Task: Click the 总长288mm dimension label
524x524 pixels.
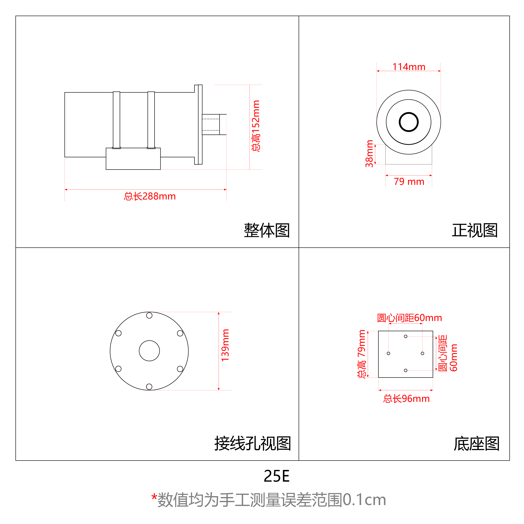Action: coord(150,196)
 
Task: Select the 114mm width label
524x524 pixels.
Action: coord(409,67)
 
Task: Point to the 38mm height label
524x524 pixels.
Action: coord(369,154)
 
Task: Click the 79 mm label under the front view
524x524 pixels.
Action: coord(409,181)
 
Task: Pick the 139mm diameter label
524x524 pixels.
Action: coord(225,345)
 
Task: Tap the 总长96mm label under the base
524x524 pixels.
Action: coord(406,399)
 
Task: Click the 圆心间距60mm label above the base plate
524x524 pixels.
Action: coord(410,318)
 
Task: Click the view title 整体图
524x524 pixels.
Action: coord(267,230)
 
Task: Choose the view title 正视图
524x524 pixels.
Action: coord(475,230)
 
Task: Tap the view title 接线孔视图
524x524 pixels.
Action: coord(253,443)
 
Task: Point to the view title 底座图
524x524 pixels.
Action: coord(477,443)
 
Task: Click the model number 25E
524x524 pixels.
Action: coord(277,476)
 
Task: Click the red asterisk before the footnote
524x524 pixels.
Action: coord(154,497)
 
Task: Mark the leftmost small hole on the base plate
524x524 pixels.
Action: coord(388,353)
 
